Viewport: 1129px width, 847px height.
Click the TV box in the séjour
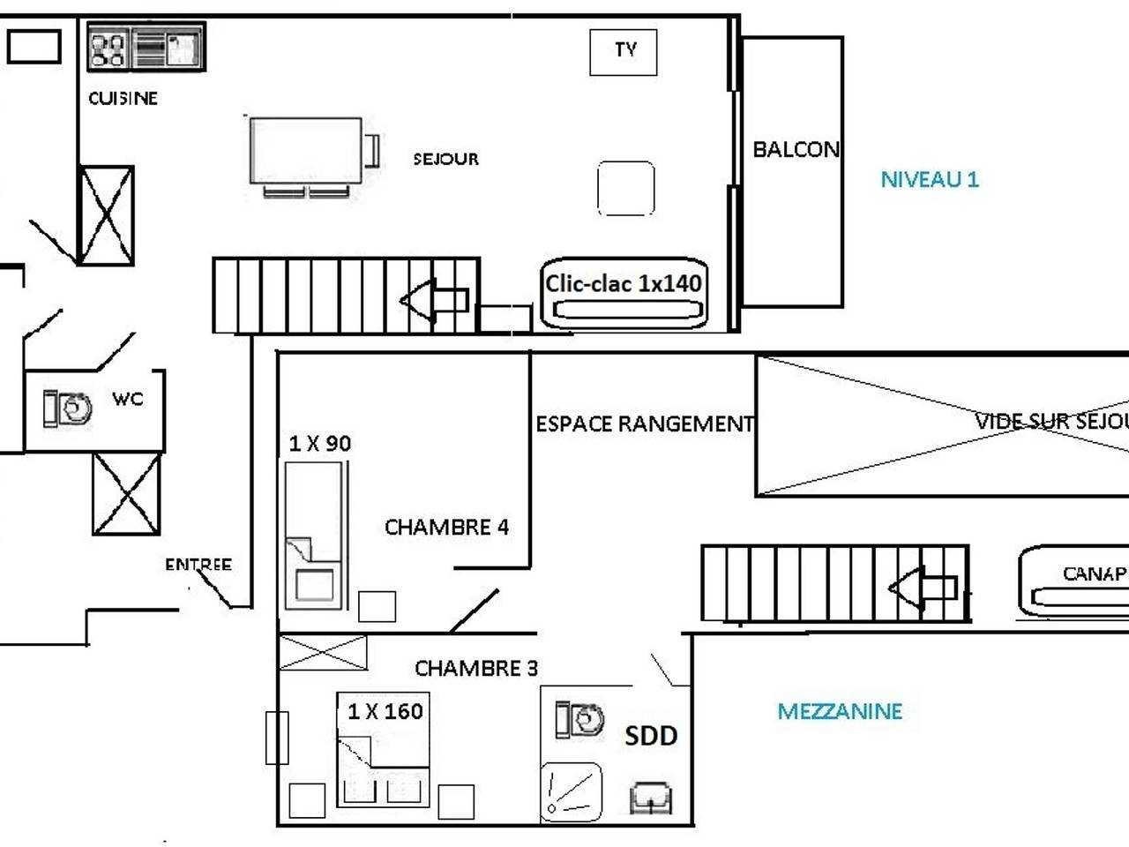623,51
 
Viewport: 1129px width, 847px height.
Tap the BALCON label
796,150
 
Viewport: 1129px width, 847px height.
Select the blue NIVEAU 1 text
930,179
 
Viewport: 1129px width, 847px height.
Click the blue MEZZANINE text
839,711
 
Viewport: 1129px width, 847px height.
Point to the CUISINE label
123,98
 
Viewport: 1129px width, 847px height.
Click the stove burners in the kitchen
108,48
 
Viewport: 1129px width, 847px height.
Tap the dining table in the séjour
306,151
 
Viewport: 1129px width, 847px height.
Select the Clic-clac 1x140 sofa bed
624,293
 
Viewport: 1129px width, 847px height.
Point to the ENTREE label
198,565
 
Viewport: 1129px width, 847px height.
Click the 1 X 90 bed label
319,444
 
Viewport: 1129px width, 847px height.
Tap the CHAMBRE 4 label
446,528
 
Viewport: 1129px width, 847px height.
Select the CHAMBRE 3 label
475,669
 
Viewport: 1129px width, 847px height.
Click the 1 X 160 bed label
385,711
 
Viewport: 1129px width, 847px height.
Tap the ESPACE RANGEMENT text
645,424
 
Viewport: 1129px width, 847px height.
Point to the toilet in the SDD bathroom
579,719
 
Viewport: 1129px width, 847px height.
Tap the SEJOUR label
445,160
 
